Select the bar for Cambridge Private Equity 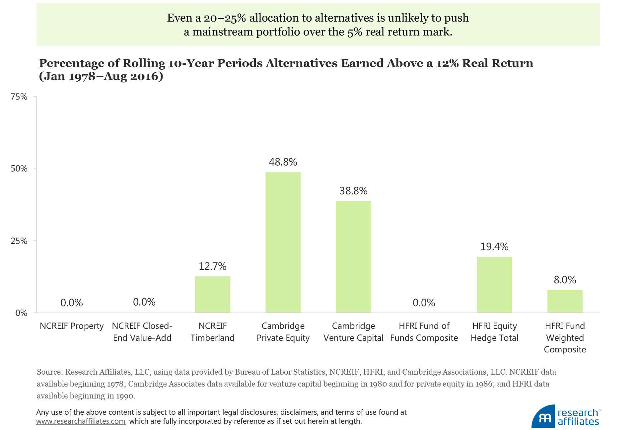coord(283,242)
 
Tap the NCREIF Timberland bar coord(212,294)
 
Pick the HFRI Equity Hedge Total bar coord(494,285)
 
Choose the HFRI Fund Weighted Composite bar coord(565,301)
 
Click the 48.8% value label coord(283,162)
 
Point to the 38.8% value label coord(353,191)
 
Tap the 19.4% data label coord(494,247)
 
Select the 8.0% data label coord(565,280)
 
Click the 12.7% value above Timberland coord(212,266)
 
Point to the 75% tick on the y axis coord(19,97)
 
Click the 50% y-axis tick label coord(19,169)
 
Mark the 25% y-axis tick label coord(19,241)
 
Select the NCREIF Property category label coord(72,326)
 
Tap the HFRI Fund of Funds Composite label coord(424,332)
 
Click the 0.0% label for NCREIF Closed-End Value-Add coord(144,302)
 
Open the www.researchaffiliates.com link coord(81,421)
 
